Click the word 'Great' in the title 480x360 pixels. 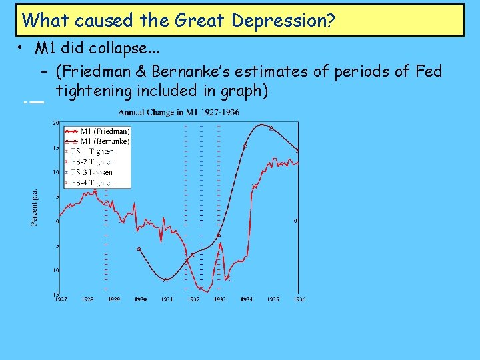(201, 21)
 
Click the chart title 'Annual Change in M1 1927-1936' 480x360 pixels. (179, 112)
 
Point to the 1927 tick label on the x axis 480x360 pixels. (60, 299)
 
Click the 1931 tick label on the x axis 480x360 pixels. (166, 299)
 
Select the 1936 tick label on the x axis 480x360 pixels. (298, 299)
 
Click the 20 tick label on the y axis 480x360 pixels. (56, 123)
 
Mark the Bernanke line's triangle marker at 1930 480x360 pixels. (139, 249)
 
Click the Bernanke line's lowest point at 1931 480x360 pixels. (165, 280)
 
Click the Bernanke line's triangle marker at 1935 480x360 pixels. (271, 127)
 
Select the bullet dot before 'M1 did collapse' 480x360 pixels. (22, 48)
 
